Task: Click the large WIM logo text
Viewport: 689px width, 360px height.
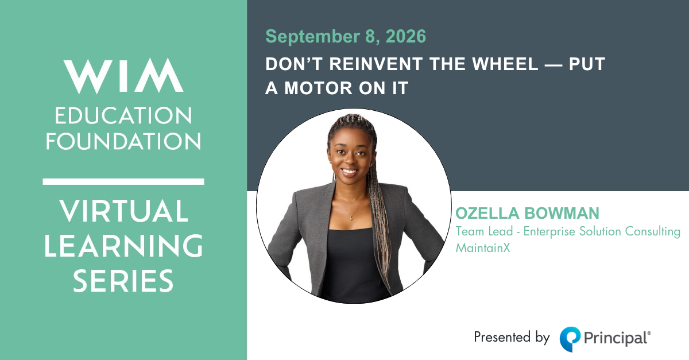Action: click(123, 76)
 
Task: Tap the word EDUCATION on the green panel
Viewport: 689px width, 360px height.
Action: click(123, 115)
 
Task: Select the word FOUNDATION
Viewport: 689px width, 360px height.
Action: click(123, 142)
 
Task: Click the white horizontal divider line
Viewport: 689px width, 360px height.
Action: click(123, 181)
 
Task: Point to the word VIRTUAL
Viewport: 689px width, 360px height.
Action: click(123, 211)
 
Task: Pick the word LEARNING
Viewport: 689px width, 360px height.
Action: click(123, 246)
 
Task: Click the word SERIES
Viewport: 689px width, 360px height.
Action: click(123, 281)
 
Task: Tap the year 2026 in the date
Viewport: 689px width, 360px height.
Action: click(406, 36)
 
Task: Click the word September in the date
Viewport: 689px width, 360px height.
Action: click(312, 37)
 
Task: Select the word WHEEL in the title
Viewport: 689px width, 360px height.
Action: click(505, 64)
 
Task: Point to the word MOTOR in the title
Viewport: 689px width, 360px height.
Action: click(318, 88)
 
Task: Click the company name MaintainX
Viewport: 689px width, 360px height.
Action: click(483, 247)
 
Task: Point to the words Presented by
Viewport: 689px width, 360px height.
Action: click(512, 338)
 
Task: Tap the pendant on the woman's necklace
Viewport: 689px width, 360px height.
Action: click(351, 218)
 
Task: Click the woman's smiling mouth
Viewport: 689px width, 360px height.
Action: click(350, 171)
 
